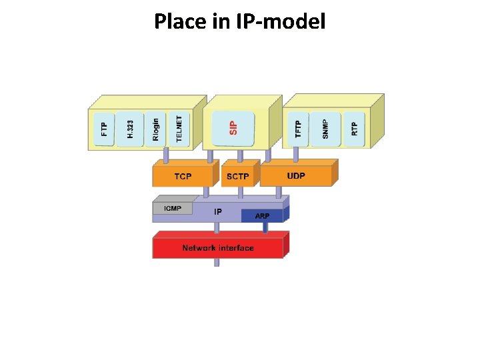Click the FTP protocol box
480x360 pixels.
tap(103, 128)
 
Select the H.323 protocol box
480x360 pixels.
tap(129, 128)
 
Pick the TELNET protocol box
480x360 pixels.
tap(179, 128)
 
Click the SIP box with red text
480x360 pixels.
tap(233, 128)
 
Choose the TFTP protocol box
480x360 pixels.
tap(298, 128)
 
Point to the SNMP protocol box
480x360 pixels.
tap(325, 128)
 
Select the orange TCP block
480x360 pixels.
tap(183, 176)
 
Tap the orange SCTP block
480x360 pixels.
tap(238, 177)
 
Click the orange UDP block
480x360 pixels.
tap(296, 175)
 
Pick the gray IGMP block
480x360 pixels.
tap(173, 208)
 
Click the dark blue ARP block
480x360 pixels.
tap(263, 216)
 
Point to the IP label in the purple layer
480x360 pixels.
tap(218, 211)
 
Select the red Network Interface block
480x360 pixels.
tap(218, 247)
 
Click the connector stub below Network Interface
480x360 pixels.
tap(217, 263)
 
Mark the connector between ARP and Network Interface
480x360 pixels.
tap(265, 227)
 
